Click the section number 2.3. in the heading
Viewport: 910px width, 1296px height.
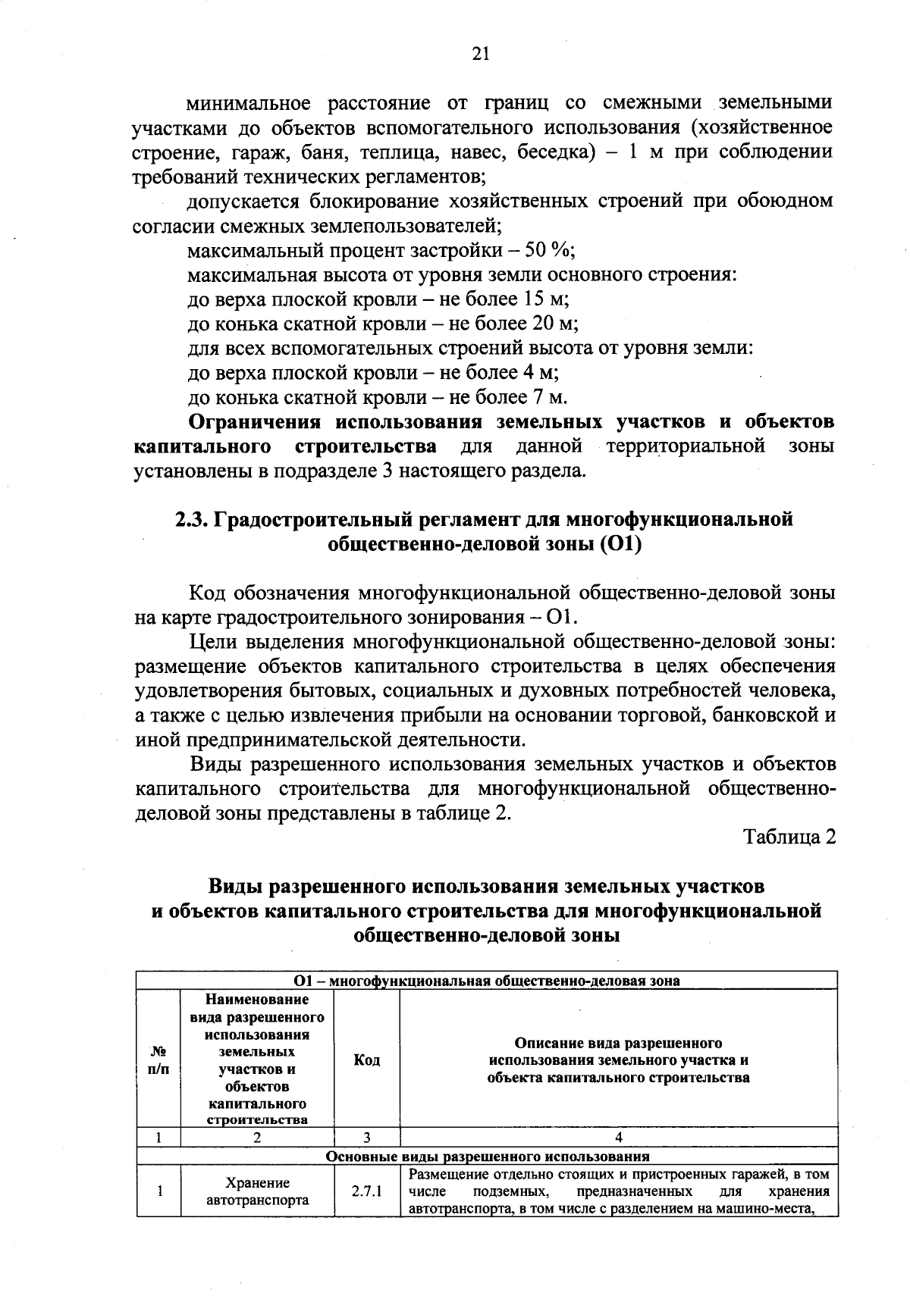(x=193, y=519)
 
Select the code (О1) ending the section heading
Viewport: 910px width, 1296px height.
(x=620, y=544)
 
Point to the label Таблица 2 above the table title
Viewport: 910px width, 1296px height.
(x=789, y=837)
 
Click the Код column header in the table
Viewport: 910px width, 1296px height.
(x=367, y=1060)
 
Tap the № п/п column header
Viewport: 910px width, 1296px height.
(x=158, y=1060)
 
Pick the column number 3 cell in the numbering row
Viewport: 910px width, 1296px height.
(x=367, y=1138)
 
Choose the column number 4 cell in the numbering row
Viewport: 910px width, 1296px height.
(x=619, y=1138)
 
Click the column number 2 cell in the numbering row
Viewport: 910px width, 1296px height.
(x=258, y=1138)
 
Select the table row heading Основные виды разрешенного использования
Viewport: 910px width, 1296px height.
(x=487, y=1157)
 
